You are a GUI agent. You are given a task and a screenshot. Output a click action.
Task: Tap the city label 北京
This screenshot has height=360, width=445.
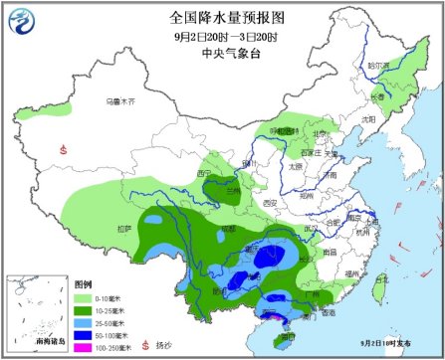tap(320, 132)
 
